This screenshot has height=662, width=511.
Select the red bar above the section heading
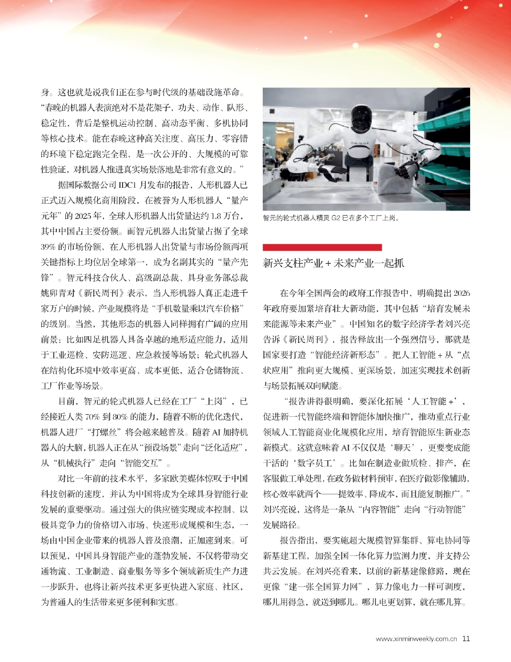pyautogui.click(x=322, y=247)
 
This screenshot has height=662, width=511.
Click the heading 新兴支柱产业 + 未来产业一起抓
pyautogui.click(x=333, y=263)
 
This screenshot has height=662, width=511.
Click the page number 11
pyautogui.click(x=466, y=639)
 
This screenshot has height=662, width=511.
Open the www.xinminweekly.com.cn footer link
pyautogui.click(x=416, y=639)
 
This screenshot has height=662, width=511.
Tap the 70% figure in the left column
pyautogui.click(x=92, y=417)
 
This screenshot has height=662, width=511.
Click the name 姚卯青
pyautogui.click(x=54, y=293)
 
